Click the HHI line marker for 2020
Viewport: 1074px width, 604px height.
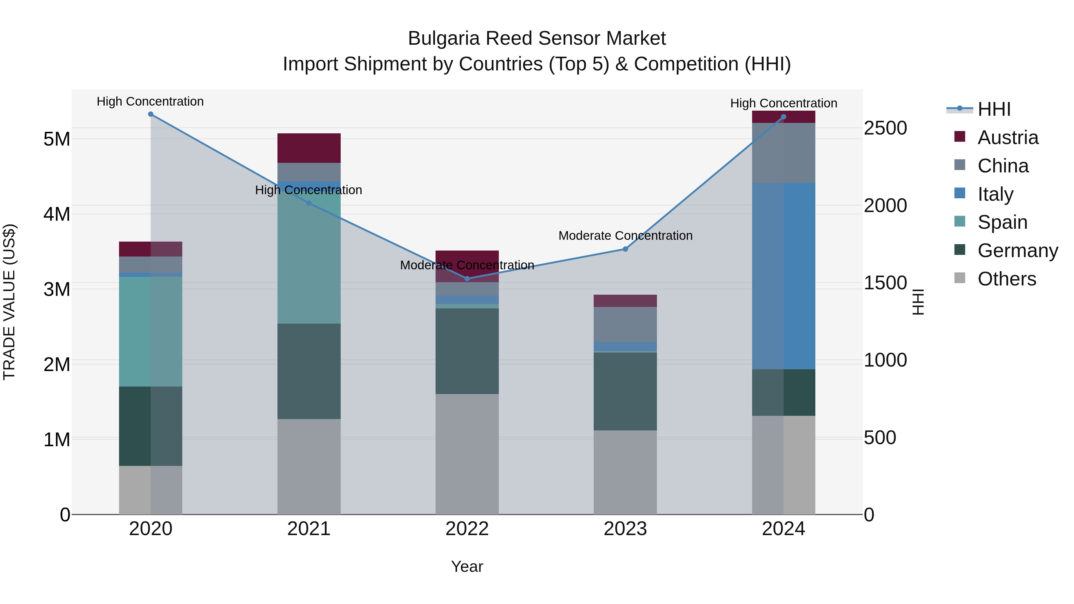click(151, 114)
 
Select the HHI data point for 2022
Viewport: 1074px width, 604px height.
click(467, 279)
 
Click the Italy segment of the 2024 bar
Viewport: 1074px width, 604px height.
click(783, 276)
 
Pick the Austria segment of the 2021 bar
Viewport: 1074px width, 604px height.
click(309, 148)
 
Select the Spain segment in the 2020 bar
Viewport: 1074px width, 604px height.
click(151, 331)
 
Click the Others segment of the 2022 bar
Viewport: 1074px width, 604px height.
click(467, 454)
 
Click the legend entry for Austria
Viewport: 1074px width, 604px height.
click(1007, 138)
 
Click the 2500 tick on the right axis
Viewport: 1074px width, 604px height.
click(885, 128)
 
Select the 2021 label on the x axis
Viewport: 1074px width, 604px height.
click(309, 529)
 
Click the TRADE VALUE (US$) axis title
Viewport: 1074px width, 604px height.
click(9, 302)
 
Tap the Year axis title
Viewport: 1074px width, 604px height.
click(467, 566)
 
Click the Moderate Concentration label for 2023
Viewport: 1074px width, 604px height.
click(625, 236)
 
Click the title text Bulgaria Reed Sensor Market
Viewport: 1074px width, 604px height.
click(537, 38)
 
